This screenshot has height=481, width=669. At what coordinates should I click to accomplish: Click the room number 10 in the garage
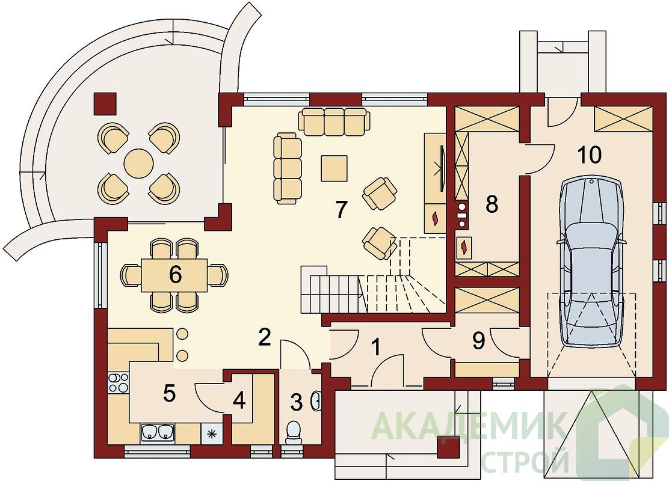[590, 155]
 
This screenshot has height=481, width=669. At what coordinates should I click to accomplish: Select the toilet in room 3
[294, 431]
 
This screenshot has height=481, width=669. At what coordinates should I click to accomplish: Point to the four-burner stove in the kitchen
[118, 382]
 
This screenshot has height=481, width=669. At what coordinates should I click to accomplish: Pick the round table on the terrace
[138, 162]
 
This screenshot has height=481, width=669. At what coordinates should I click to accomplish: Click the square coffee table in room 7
[334, 168]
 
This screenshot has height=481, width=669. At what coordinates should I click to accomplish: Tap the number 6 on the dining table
[175, 275]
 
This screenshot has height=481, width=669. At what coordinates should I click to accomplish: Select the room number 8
[492, 205]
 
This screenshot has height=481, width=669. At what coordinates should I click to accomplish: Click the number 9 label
[479, 341]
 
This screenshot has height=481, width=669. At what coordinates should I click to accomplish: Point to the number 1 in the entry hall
[375, 347]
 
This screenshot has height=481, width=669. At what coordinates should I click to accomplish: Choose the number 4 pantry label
[239, 400]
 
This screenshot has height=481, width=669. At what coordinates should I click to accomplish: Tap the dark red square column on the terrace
[105, 104]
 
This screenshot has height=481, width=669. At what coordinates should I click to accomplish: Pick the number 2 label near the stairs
[265, 338]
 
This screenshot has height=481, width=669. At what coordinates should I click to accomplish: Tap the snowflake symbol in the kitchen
[211, 435]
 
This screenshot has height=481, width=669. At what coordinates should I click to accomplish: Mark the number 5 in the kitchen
[170, 393]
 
